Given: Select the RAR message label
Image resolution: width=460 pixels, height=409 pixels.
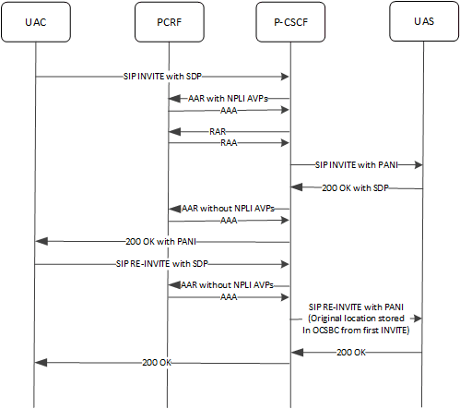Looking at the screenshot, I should (x=218, y=132).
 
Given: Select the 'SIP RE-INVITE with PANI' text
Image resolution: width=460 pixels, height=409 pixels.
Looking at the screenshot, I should (x=356, y=304).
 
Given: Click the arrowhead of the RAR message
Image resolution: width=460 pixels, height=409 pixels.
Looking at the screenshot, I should (x=172, y=132).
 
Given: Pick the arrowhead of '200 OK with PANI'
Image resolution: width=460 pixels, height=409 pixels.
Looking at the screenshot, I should (x=40, y=241).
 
